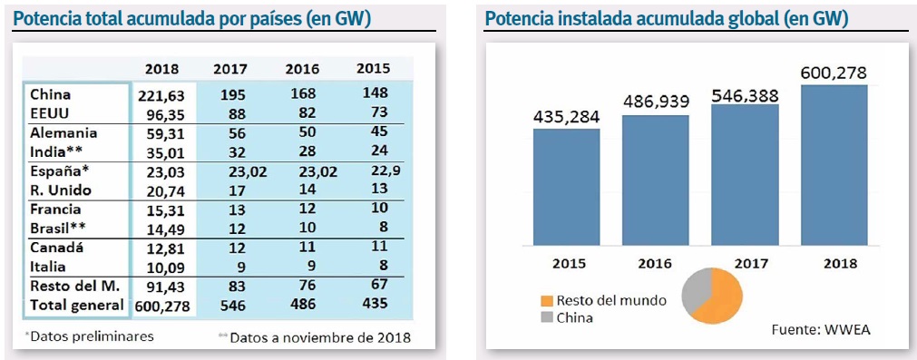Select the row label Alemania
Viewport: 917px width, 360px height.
[63, 132]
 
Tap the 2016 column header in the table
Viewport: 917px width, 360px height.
[302, 68]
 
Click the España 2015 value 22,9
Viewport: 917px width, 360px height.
[373, 170]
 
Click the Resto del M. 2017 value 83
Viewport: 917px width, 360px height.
[231, 287]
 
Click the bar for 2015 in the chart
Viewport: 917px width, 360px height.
[566, 187]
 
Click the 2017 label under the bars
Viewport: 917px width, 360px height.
[745, 263]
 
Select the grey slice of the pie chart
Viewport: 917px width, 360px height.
[690, 292]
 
